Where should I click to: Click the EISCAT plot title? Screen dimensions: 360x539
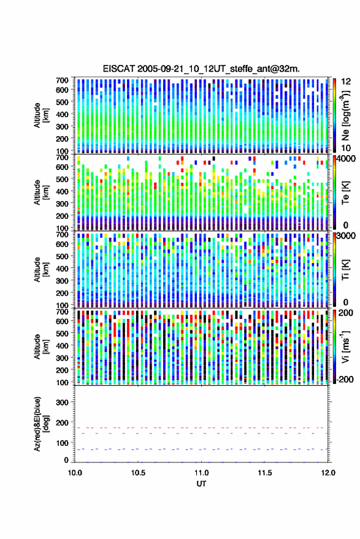point(202,69)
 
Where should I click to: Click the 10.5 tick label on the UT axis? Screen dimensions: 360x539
point(138,473)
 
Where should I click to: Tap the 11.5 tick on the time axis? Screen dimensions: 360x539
point(264,473)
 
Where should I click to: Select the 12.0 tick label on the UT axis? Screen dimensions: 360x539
point(328,473)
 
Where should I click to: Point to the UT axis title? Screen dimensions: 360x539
point(202,484)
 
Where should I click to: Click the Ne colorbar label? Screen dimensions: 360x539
point(345,115)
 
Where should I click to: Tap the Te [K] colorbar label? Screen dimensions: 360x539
point(345,193)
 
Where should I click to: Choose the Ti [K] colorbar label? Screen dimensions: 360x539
point(345,270)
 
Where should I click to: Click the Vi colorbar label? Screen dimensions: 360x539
point(345,346)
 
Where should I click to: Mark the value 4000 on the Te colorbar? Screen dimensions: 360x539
point(346,159)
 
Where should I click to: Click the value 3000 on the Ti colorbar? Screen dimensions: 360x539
point(346,236)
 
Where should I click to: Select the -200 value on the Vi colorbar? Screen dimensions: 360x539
point(345,380)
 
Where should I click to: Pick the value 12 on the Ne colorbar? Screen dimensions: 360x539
point(346,82)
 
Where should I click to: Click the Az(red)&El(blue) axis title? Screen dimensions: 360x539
point(40,424)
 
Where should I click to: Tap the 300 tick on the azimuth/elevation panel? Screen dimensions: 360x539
point(62,402)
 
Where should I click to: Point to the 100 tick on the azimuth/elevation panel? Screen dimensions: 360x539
point(62,443)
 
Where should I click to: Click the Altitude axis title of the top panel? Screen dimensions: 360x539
point(40,115)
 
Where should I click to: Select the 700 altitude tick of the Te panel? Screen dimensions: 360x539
point(62,158)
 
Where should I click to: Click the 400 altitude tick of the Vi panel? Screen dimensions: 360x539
point(62,345)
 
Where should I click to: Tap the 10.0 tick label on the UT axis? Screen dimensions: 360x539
point(75,473)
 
